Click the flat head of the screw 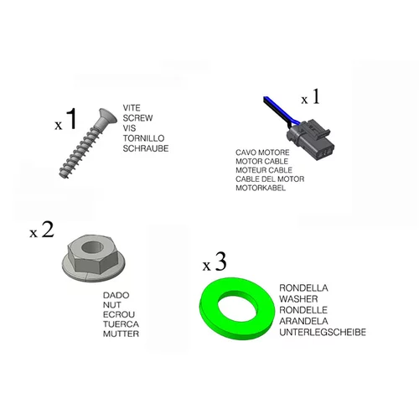click(x=107, y=116)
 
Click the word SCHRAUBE click(x=146, y=148)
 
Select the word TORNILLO click(x=143, y=138)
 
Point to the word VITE click(x=132, y=108)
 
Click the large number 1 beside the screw click(x=72, y=119)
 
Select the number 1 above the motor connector click(x=316, y=96)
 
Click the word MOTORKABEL click(x=261, y=188)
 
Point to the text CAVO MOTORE click(x=262, y=153)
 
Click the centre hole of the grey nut click(x=92, y=247)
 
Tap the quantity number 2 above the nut click(x=48, y=230)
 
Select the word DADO click(x=116, y=295)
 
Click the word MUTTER click(x=121, y=334)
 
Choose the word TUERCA click(x=121, y=324)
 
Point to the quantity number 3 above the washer click(x=220, y=261)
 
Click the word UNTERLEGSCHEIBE click(x=323, y=332)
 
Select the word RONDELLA click(x=303, y=288)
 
